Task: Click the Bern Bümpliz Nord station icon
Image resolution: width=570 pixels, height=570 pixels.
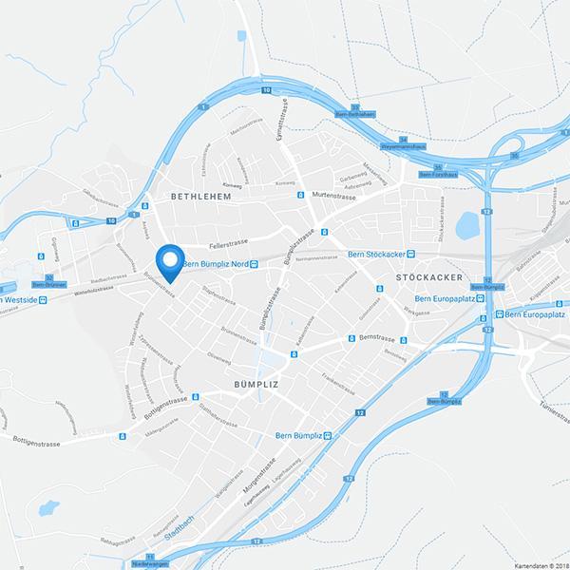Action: pos(254,264)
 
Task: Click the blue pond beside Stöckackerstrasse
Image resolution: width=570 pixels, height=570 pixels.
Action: pos(465,226)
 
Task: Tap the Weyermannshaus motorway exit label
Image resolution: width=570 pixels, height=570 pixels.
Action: pos(406,146)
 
